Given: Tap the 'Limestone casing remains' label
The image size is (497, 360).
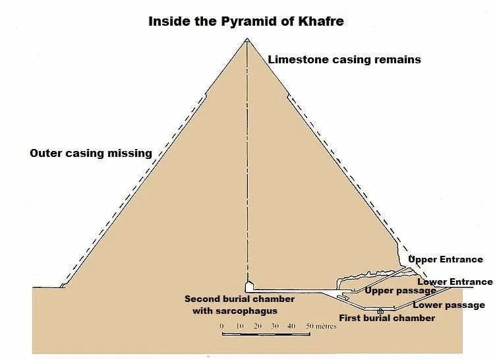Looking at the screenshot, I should tap(344, 60).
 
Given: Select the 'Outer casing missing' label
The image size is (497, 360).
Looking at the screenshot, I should tap(91, 154).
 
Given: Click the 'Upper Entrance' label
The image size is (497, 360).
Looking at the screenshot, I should tap(446, 260).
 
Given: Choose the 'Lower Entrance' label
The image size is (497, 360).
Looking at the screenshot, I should tap(455, 282).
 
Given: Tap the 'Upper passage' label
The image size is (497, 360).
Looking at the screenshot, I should tap(400, 291).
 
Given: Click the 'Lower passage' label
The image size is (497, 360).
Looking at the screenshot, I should tap(449, 305).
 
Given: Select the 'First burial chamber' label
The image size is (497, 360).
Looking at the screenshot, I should tap(387, 318).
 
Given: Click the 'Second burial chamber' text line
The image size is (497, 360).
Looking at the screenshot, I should tap(239, 299).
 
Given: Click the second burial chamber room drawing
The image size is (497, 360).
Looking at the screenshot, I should tap(249, 287).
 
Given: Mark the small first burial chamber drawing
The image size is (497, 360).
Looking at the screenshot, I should tap(380, 310).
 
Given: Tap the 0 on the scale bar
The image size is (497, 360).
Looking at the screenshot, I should tap(222, 326).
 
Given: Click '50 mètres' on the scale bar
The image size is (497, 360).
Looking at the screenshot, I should tap(322, 326).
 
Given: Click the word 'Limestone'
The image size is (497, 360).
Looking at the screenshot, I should tap(296, 60).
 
